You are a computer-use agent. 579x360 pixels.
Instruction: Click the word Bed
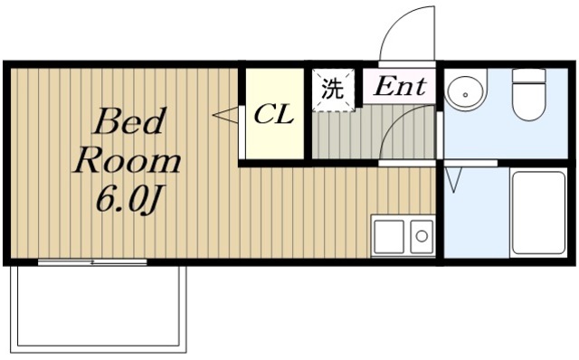tap(128, 121)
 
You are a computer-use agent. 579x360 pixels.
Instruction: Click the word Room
tap(128, 161)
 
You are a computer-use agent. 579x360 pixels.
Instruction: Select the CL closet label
tap(272, 115)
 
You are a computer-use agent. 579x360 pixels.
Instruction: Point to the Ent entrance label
tap(400, 88)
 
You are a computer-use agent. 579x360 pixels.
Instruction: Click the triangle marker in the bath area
tap(455, 180)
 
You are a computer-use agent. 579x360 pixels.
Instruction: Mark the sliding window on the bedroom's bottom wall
tap(92, 262)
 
